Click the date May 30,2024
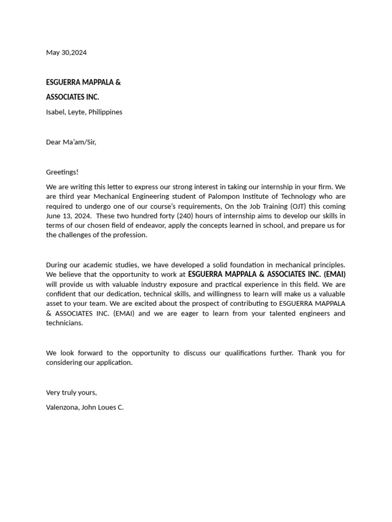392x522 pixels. click(66, 53)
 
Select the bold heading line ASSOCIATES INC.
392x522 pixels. click(72, 97)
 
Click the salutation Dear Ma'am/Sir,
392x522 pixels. click(71, 142)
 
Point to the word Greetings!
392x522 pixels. click(62, 172)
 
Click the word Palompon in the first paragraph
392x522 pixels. click(225, 197)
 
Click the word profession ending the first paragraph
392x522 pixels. click(130, 236)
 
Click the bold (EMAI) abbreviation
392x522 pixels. click(334, 275)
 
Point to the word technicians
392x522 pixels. click(64, 323)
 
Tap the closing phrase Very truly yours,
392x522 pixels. click(71, 393)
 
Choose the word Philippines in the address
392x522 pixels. click(105, 112)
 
